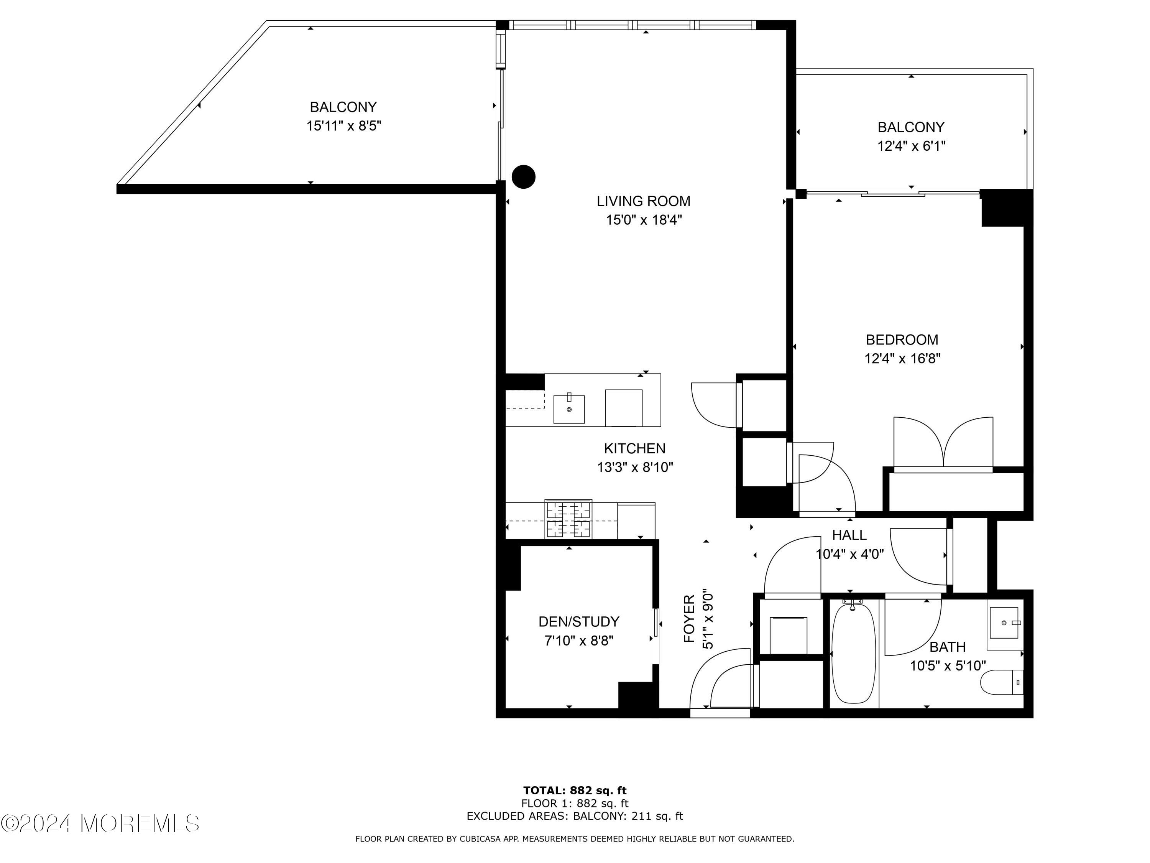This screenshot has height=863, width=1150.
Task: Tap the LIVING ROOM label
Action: point(643,201)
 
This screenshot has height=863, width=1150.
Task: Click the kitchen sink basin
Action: point(569,409)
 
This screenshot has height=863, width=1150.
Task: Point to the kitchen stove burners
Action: point(568,519)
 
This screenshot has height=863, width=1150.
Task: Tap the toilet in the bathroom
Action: point(1001,682)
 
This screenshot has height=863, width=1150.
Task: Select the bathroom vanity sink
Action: point(1004,623)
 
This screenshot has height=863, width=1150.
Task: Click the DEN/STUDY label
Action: point(578,622)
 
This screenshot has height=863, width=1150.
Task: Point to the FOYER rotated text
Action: point(689,619)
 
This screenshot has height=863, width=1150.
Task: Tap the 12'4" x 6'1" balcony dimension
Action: point(911,146)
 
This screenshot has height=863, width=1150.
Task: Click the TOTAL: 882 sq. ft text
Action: point(575,791)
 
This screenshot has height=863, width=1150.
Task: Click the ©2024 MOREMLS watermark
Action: point(100,823)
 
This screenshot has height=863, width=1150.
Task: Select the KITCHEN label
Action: point(634,448)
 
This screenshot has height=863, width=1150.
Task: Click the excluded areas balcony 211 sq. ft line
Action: point(575,816)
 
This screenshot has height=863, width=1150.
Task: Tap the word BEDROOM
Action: point(902,340)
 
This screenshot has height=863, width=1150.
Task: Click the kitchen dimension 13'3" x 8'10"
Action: point(634,468)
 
